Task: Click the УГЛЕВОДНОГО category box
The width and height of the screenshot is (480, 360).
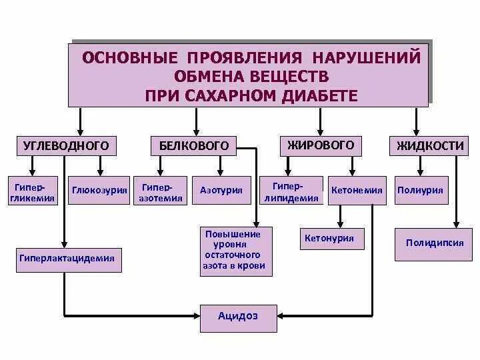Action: (65, 146)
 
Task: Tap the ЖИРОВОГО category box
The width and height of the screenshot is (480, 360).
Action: (320, 145)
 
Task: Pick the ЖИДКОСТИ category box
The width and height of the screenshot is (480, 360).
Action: (429, 146)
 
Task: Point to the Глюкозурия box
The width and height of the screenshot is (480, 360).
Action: (99, 190)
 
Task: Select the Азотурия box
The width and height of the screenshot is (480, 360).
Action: (221, 190)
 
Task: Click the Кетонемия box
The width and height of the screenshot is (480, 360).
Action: (357, 190)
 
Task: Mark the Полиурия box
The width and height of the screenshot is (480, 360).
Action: (421, 190)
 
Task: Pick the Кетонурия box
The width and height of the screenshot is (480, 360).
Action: (329, 239)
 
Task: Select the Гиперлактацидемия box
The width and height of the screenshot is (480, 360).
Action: (69, 259)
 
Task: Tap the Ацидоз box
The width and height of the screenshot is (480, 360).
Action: (238, 316)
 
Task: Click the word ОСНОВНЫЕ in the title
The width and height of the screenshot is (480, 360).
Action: (131, 57)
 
